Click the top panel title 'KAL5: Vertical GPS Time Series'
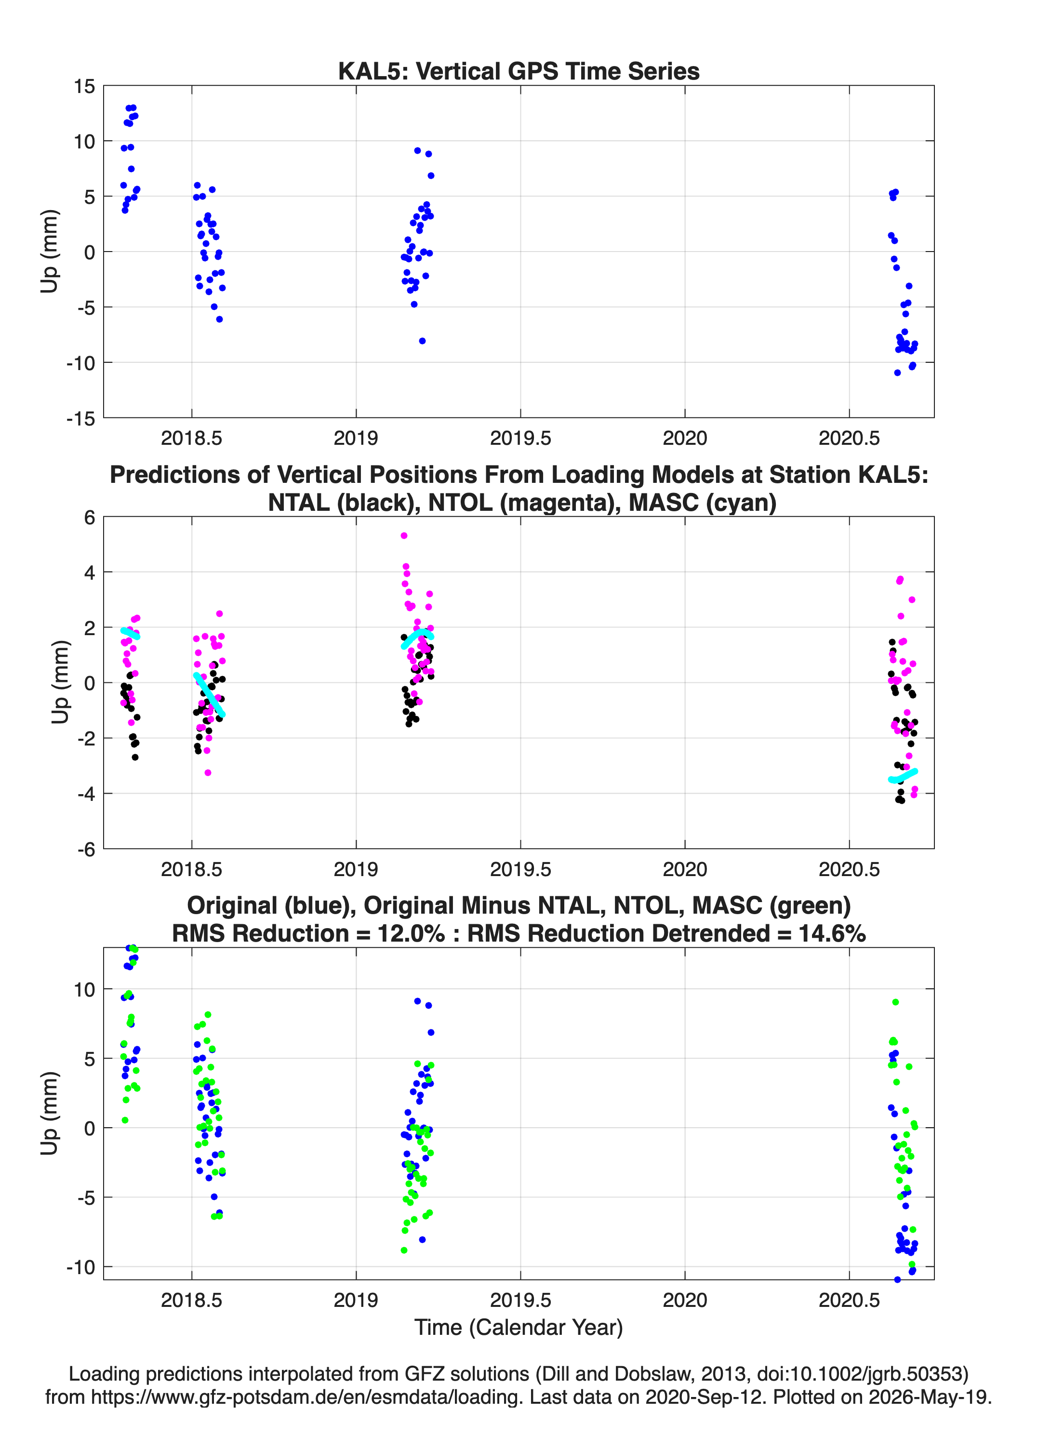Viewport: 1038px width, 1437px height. [x=519, y=71]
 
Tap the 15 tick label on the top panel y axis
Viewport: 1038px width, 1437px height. [x=84, y=86]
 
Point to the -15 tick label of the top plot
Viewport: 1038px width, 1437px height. [x=80, y=418]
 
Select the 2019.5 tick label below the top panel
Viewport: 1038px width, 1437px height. [x=520, y=438]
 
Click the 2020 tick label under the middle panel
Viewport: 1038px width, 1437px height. [x=684, y=869]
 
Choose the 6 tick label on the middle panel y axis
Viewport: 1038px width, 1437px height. [x=89, y=517]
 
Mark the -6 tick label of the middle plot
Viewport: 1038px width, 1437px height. [x=86, y=849]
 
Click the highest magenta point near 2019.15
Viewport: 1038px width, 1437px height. [x=404, y=535]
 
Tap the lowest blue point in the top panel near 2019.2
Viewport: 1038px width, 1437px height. [x=422, y=341]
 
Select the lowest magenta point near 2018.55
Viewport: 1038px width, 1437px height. [x=208, y=772]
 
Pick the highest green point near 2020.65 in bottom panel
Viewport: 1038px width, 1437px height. [x=895, y=1002]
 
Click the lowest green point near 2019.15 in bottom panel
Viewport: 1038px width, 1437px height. [x=404, y=1250]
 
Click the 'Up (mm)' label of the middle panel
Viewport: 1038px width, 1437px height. [x=60, y=682]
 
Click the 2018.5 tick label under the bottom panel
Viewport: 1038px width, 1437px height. [x=191, y=1300]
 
